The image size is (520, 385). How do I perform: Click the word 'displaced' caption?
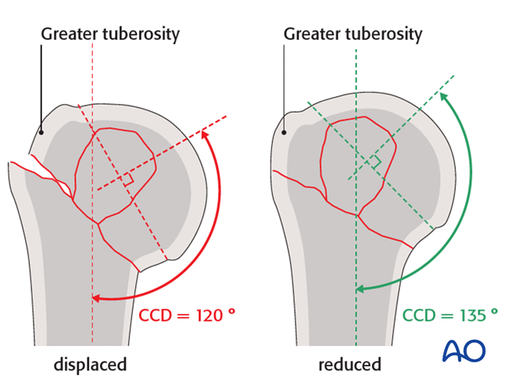[x=90, y=364]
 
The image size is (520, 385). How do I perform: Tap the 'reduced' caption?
[x=350, y=364]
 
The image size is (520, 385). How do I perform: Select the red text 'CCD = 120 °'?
[x=186, y=315]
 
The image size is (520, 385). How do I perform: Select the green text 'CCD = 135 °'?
[x=450, y=315]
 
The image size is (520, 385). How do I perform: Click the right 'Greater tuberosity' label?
[x=353, y=34]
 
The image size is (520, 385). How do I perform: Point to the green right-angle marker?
[x=376, y=162]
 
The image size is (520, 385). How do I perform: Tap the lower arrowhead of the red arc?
[x=95, y=297]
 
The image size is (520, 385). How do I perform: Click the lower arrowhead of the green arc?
[x=360, y=290]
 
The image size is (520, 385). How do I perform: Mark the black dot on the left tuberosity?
[x=41, y=132]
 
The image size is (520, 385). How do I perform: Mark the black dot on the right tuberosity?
[x=285, y=132]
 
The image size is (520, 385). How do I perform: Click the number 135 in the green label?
[x=468, y=315]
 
